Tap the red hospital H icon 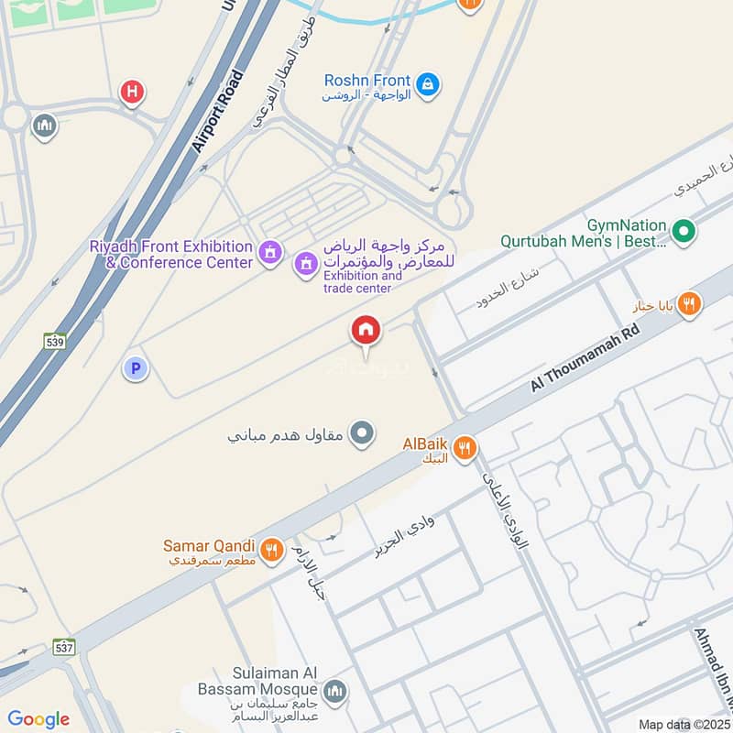coord(133,92)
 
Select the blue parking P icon coord(136,368)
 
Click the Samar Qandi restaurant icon coord(269,550)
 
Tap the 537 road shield coord(63,647)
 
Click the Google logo coord(38,719)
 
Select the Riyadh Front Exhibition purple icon coord(269,251)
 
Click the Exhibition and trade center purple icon coord(306,265)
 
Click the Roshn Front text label coord(366,81)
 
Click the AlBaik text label coord(424,443)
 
